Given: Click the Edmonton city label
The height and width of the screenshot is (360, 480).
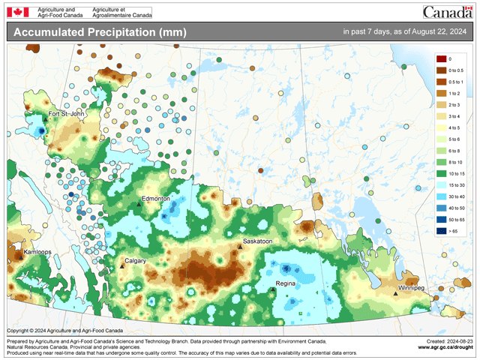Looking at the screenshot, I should [157, 199].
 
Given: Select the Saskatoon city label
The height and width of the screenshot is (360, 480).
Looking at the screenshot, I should [257, 241].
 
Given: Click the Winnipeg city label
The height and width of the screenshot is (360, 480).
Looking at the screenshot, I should [411, 288].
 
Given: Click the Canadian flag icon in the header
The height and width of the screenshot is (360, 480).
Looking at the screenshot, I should [17, 12].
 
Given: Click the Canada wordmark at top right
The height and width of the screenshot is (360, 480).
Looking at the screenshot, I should [448, 12].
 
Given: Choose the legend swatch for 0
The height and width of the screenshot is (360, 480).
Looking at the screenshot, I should [441, 58].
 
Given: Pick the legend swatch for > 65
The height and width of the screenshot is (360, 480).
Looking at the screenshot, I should [441, 232].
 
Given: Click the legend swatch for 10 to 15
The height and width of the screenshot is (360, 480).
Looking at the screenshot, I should [441, 174].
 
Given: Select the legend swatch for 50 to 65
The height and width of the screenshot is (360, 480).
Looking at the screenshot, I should [441, 220].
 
